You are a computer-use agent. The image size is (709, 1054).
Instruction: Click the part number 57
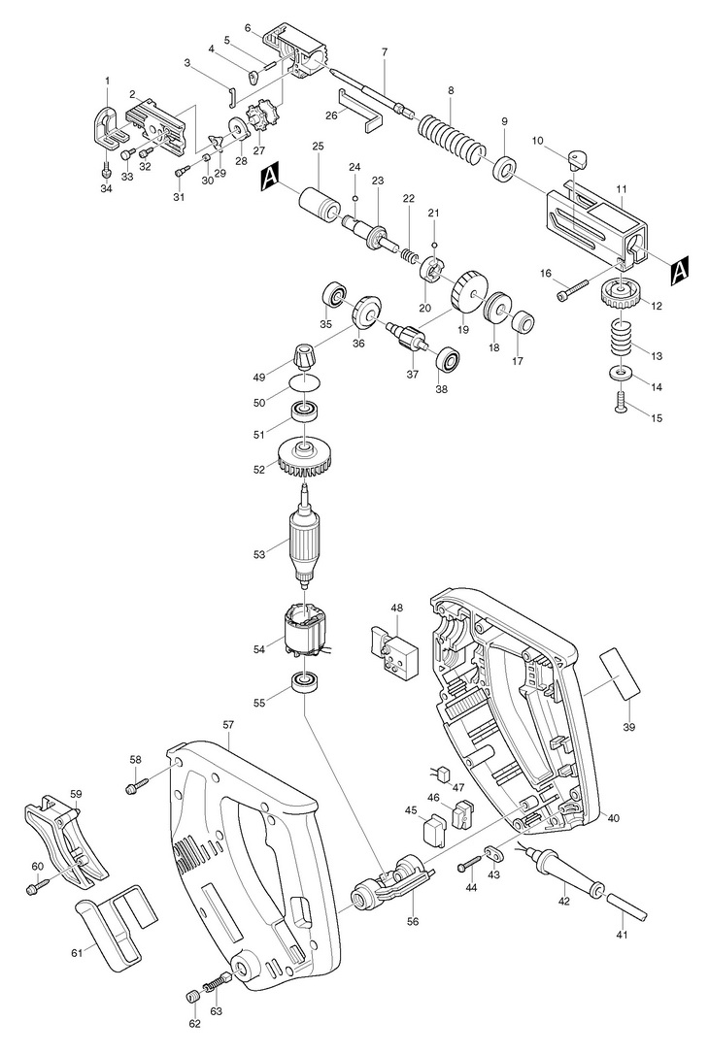pos(228,725)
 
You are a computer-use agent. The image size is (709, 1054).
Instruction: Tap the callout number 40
pos(613,818)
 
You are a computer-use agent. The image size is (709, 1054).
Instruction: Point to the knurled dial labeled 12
pos(620,294)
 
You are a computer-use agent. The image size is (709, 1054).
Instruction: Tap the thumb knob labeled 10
pos(576,160)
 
